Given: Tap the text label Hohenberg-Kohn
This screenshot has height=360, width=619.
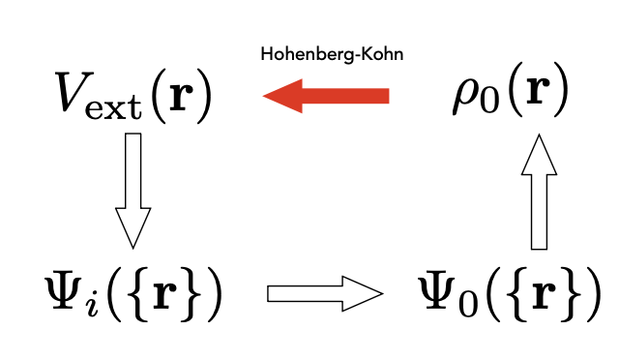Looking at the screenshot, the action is coord(332,54).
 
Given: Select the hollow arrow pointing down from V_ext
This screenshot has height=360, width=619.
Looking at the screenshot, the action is coord(133,189).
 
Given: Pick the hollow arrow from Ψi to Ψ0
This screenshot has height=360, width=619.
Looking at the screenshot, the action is coord(324,292).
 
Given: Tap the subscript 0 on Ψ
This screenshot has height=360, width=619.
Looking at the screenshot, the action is coord(464,301).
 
